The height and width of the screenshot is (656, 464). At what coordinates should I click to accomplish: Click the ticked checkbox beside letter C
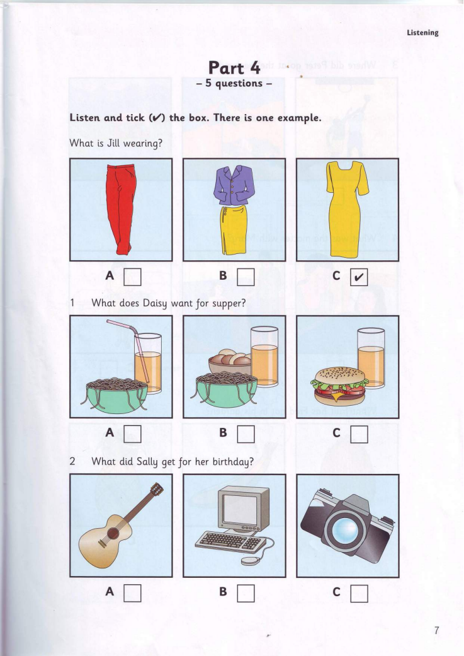[x=359, y=277]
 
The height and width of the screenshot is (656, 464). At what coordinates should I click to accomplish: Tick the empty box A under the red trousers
[x=132, y=277]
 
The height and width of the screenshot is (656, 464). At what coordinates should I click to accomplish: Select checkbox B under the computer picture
[x=246, y=593]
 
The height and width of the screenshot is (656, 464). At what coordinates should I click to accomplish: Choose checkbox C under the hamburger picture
[x=359, y=434]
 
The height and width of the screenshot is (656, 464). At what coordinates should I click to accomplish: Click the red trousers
[x=120, y=209]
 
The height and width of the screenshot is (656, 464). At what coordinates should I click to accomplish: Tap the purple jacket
[x=234, y=185]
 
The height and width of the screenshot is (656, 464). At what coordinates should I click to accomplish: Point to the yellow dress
[x=346, y=209]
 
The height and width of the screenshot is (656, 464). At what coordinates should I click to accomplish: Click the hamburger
[x=339, y=386]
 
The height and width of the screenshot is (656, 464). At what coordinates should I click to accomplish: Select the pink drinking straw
[x=133, y=352]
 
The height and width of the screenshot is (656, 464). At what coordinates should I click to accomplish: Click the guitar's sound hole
[x=113, y=533]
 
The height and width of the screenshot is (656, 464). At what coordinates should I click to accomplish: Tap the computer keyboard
[x=230, y=542]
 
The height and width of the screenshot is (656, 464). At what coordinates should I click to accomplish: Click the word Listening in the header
[x=422, y=33]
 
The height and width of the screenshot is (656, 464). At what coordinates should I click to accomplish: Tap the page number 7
[x=437, y=631]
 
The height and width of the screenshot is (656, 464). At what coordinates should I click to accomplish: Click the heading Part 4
[x=234, y=68]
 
